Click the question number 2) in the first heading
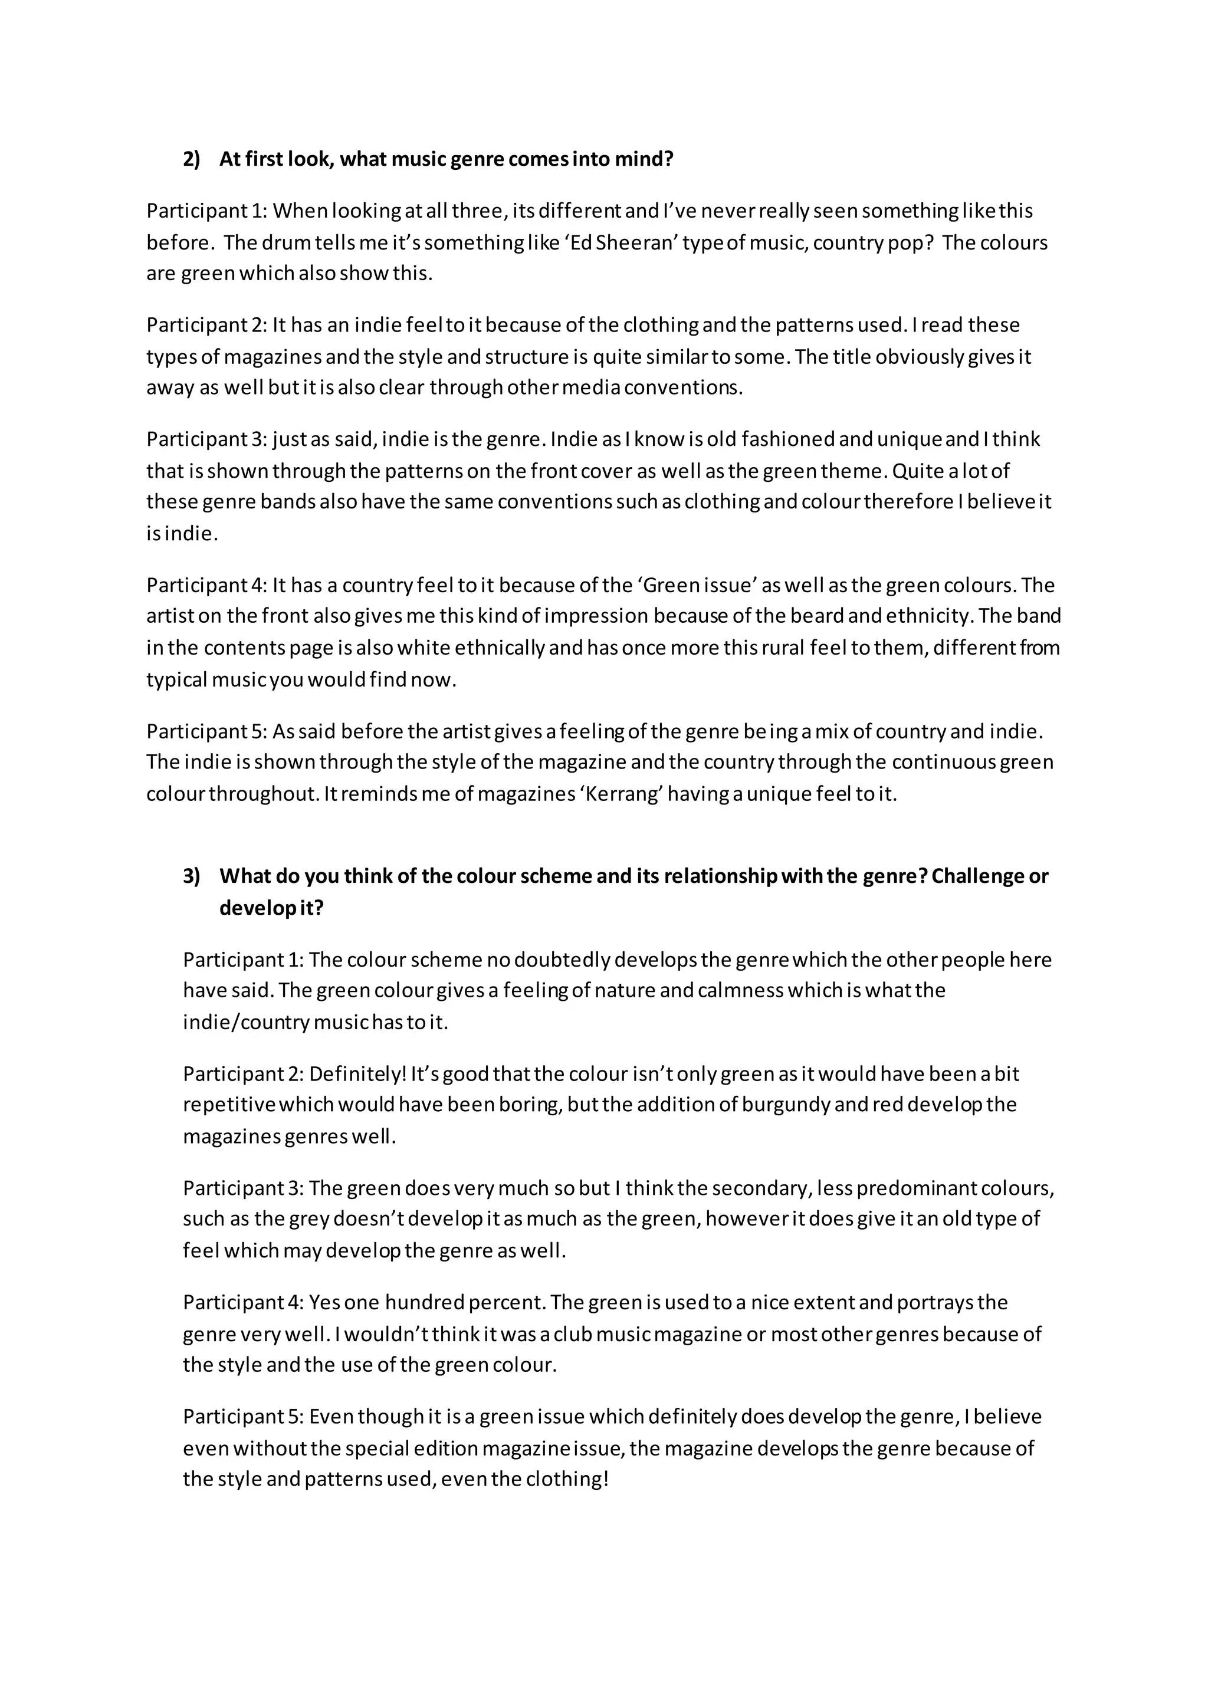pos(191,159)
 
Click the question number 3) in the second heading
pos(191,876)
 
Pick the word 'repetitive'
pos(229,1104)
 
